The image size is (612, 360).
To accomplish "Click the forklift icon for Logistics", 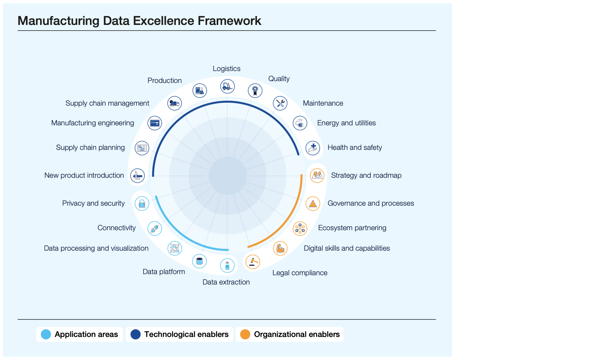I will (227, 86).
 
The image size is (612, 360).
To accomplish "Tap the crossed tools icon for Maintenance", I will (280, 103).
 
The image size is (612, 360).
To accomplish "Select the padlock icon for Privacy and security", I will (142, 203).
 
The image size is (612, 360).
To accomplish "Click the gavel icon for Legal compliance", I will (253, 261).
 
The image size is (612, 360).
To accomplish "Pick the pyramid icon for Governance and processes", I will (313, 203).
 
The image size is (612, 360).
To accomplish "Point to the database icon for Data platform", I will (199, 261).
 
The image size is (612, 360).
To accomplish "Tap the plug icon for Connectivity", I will (155, 228).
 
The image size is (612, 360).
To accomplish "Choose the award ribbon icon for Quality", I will (255, 90).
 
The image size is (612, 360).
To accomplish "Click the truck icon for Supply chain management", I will (174, 103).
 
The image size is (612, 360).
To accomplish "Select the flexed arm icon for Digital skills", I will (280, 248).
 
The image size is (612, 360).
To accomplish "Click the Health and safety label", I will (354, 148).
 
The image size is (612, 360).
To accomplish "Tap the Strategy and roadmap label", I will (366, 176).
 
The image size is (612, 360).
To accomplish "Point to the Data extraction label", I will (226, 282).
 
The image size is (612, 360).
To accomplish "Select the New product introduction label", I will (84, 176).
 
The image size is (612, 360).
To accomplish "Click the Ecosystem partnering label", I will (352, 228).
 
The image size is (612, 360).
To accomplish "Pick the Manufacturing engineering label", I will (93, 123).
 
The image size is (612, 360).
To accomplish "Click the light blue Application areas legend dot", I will (46, 334).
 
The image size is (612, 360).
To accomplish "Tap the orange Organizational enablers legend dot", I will (245, 334).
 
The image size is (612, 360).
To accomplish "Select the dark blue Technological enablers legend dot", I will (135, 334).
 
